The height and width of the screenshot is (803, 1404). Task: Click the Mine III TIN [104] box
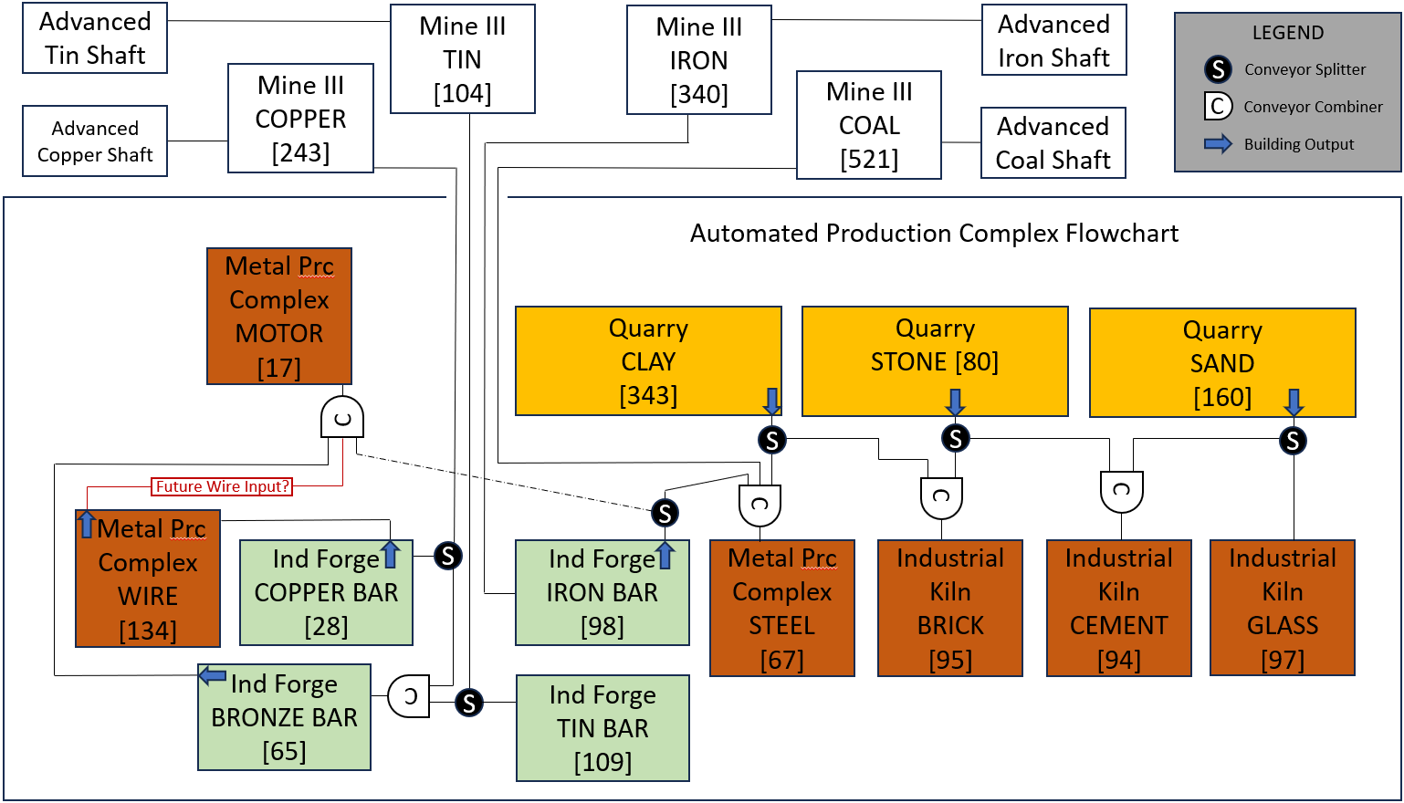tap(462, 59)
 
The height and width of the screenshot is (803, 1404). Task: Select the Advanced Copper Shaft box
tap(95, 141)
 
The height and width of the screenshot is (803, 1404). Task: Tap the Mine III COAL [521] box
tap(868, 125)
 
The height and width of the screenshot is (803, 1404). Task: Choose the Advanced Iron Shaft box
tap(1053, 41)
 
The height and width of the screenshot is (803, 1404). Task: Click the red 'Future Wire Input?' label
tap(222, 486)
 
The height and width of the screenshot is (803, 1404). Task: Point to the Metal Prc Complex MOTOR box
tap(279, 316)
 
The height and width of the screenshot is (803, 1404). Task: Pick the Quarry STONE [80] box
tap(935, 361)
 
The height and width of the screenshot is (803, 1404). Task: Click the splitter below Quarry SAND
tap(1293, 441)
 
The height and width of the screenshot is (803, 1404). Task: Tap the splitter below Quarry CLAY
tap(772, 440)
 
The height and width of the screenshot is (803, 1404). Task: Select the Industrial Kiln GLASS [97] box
tap(1282, 608)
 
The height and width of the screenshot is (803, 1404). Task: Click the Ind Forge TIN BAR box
tap(602, 728)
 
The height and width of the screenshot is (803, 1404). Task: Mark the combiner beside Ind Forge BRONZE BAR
tap(409, 697)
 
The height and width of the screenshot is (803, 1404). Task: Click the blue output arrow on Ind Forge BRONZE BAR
tap(213, 676)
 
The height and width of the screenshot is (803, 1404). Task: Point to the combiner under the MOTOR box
tap(342, 418)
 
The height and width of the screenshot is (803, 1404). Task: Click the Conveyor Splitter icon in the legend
tap(1218, 69)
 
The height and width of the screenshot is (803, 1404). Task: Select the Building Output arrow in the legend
tap(1218, 144)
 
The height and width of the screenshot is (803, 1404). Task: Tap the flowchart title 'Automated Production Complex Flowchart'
tap(934, 234)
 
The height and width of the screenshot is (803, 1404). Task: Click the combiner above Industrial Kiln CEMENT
tap(1121, 492)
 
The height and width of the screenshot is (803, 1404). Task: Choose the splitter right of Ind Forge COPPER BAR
tap(447, 555)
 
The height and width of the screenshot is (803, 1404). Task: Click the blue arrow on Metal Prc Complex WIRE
tap(87, 524)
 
